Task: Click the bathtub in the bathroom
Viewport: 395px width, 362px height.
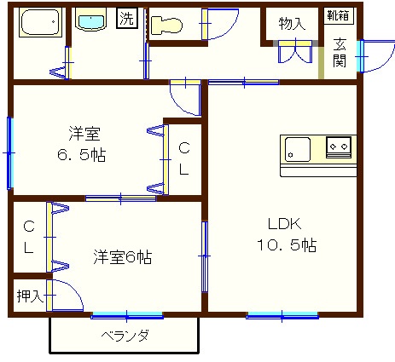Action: (x=39, y=24)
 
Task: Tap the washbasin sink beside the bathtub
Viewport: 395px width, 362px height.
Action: (x=90, y=20)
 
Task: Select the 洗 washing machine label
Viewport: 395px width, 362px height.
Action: (x=126, y=18)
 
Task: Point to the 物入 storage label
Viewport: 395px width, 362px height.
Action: (x=292, y=24)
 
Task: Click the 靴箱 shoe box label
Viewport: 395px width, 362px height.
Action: (x=337, y=15)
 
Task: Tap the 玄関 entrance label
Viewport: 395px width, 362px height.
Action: (x=340, y=53)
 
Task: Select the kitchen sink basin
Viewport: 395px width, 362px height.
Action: (x=299, y=148)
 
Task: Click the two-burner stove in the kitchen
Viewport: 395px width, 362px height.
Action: (x=339, y=147)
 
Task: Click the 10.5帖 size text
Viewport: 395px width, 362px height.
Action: (x=286, y=246)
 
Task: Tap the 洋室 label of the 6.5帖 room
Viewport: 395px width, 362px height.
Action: (x=85, y=135)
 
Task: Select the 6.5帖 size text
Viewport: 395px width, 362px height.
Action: (x=83, y=156)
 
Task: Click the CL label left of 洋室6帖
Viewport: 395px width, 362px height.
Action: (x=28, y=238)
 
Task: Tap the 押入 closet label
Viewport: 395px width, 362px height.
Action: (x=29, y=296)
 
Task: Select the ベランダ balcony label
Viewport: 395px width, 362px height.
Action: (x=125, y=336)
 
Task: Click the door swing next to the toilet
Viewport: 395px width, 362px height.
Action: (x=220, y=23)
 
